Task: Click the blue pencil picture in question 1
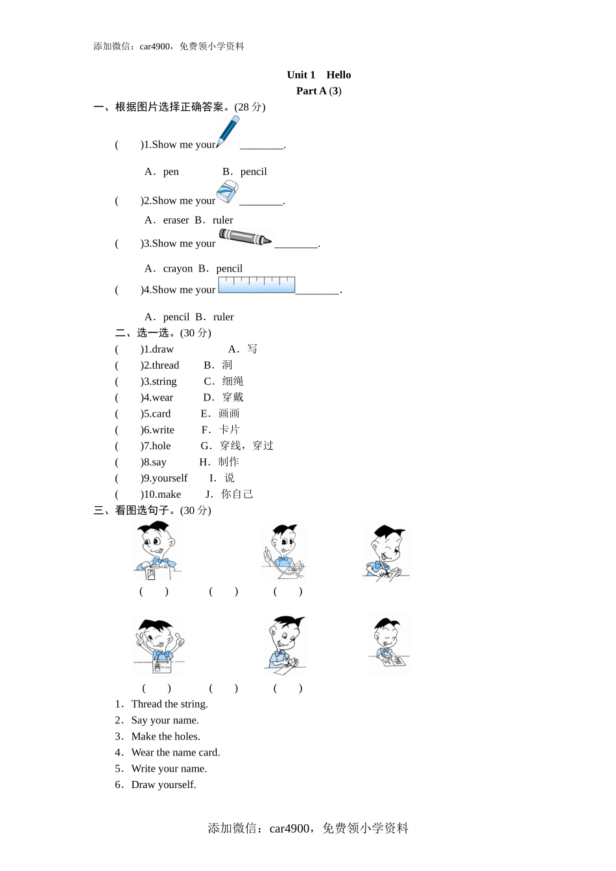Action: [228, 132]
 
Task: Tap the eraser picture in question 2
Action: [227, 192]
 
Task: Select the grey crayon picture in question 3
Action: [245, 238]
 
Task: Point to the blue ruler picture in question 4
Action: [257, 285]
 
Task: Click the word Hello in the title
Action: [338, 75]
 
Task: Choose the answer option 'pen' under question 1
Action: [171, 172]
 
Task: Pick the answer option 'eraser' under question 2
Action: [176, 220]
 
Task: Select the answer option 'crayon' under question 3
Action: [178, 269]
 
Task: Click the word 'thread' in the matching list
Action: [165, 366]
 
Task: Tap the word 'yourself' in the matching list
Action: [169, 478]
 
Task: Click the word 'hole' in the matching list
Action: [161, 446]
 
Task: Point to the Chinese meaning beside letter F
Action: [229, 430]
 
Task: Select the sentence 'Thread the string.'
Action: [169, 704]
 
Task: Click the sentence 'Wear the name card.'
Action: [175, 752]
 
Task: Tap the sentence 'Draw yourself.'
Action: [163, 785]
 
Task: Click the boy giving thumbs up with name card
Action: [159, 646]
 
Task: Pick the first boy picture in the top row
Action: [157, 551]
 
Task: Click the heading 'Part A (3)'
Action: [318, 91]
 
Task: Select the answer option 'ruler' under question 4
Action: [223, 317]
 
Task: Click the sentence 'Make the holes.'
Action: [165, 737]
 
